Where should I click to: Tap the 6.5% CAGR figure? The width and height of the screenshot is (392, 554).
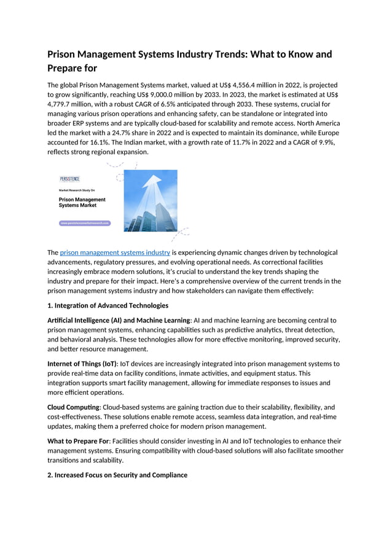coord(184,104)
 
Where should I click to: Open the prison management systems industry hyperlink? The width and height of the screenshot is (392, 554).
coord(115,252)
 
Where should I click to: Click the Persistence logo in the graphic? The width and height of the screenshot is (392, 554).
coord(69,179)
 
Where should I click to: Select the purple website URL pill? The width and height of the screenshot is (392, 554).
coord(85,223)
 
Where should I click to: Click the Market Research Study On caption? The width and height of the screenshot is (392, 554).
coord(77,190)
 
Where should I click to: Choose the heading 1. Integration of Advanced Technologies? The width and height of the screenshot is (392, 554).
coord(108,305)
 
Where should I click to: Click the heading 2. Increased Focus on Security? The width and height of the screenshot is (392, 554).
coord(117,475)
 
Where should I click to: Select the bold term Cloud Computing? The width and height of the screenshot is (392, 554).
coord(74,407)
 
